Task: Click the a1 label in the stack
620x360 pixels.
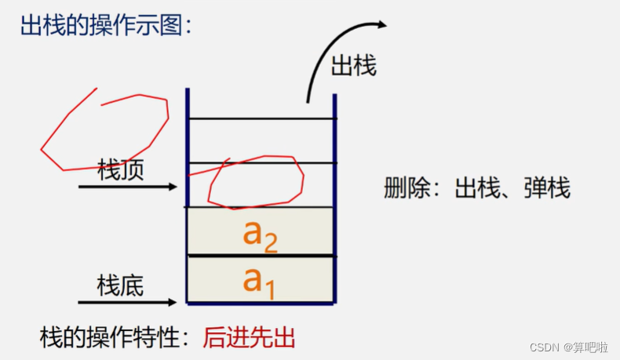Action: (259, 281)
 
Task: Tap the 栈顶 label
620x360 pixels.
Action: (121, 169)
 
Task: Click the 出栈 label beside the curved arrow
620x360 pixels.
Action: (354, 66)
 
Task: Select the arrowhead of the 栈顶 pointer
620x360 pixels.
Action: (174, 187)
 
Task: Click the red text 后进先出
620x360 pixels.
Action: (249, 338)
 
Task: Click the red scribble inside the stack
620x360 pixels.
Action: (256, 182)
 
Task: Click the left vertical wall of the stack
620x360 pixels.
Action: (188, 196)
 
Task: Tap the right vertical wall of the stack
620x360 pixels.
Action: (335, 196)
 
